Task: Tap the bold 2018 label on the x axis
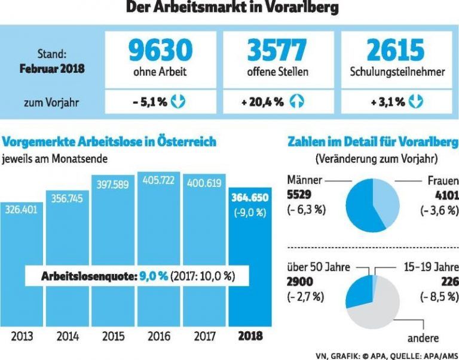click(250, 336)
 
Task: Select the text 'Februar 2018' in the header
click(52, 68)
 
